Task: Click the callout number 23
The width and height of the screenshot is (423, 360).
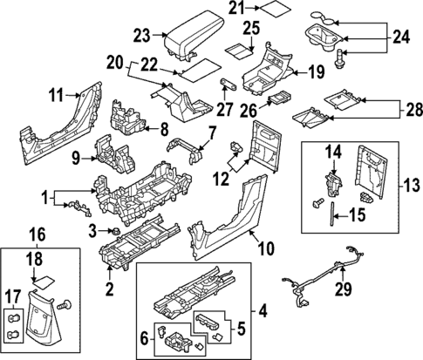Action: (142, 36)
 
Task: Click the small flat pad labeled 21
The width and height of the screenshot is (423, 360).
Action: (277, 11)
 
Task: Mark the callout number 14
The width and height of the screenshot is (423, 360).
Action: (331, 153)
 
